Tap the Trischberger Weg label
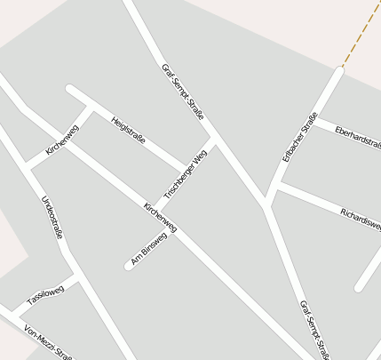click(186, 174)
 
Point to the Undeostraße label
click(52, 217)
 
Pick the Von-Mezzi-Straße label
click(48, 342)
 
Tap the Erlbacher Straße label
click(300, 139)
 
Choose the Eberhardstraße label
click(357, 137)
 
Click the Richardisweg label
click(361, 218)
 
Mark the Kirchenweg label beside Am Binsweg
click(161, 218)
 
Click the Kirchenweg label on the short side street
click(63, 140)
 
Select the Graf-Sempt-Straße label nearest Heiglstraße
click(183, 92)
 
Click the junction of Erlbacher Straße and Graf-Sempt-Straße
click(266, 205)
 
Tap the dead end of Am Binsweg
click(129, 265)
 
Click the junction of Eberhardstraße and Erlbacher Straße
click(315, 118)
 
